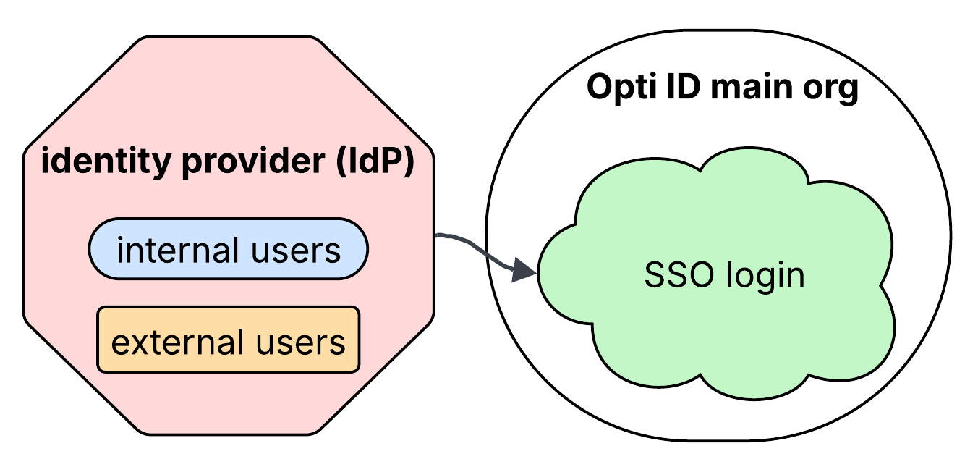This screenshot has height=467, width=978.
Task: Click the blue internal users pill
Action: [228, 250]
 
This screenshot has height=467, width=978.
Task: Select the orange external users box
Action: [228, 340]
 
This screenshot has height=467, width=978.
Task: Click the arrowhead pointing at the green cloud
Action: [524, 272]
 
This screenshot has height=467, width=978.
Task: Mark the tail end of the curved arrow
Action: [438, 235]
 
